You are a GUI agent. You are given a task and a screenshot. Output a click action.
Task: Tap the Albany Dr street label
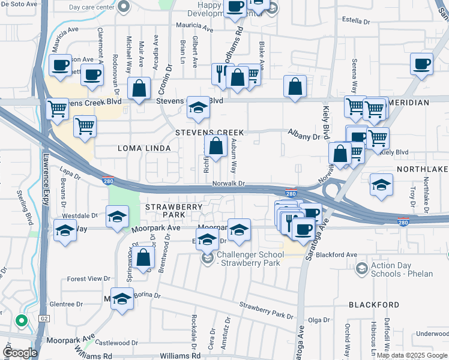point(304,136)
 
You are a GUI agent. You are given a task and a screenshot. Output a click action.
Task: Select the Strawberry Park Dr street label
point(267,312)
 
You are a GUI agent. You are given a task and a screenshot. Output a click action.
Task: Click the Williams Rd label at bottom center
point(181,356)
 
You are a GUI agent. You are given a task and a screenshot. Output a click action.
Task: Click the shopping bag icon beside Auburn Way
point(215,145)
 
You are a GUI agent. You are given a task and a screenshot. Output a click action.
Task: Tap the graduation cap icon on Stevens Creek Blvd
point(197,107)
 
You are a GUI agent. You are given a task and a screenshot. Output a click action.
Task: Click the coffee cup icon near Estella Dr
point(421,63)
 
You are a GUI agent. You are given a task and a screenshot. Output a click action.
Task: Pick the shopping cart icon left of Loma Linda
point(85,127)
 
